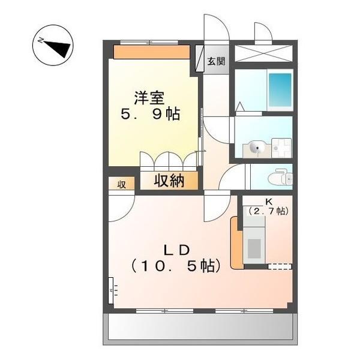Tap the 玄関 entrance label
(217, 61)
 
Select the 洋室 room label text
(149, 97)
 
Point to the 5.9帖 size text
(151, 114)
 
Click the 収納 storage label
(169, 181)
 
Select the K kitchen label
(268, 202)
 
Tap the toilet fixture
(278, 178)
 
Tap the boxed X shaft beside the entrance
(262, 53)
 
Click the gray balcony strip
(201, 328)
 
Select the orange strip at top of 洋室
(152, 52)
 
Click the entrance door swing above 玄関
(214, 30)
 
